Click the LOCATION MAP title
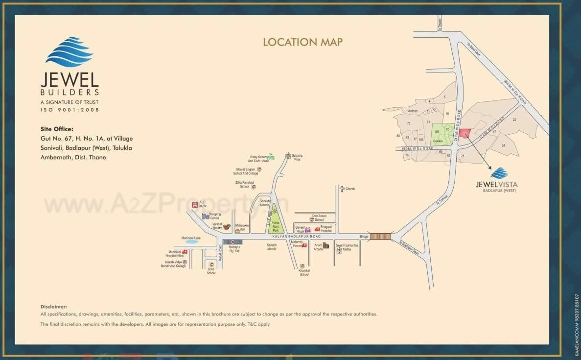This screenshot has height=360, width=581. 302,42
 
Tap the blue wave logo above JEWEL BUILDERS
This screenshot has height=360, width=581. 69,52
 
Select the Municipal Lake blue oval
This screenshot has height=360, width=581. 191,241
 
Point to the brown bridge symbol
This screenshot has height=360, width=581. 380,237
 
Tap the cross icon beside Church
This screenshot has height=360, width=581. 342,189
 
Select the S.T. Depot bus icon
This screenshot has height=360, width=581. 195,204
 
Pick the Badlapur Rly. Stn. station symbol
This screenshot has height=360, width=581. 232,242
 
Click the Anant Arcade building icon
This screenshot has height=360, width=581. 326,245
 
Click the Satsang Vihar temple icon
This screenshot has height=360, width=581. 288,156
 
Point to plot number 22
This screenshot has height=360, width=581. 514,120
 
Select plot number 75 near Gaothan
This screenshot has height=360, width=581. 408,124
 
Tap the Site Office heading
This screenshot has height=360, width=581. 57,129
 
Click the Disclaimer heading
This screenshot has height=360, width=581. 53,306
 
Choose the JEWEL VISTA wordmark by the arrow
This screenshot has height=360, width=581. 496,185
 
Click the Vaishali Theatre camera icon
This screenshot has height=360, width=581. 227,226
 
